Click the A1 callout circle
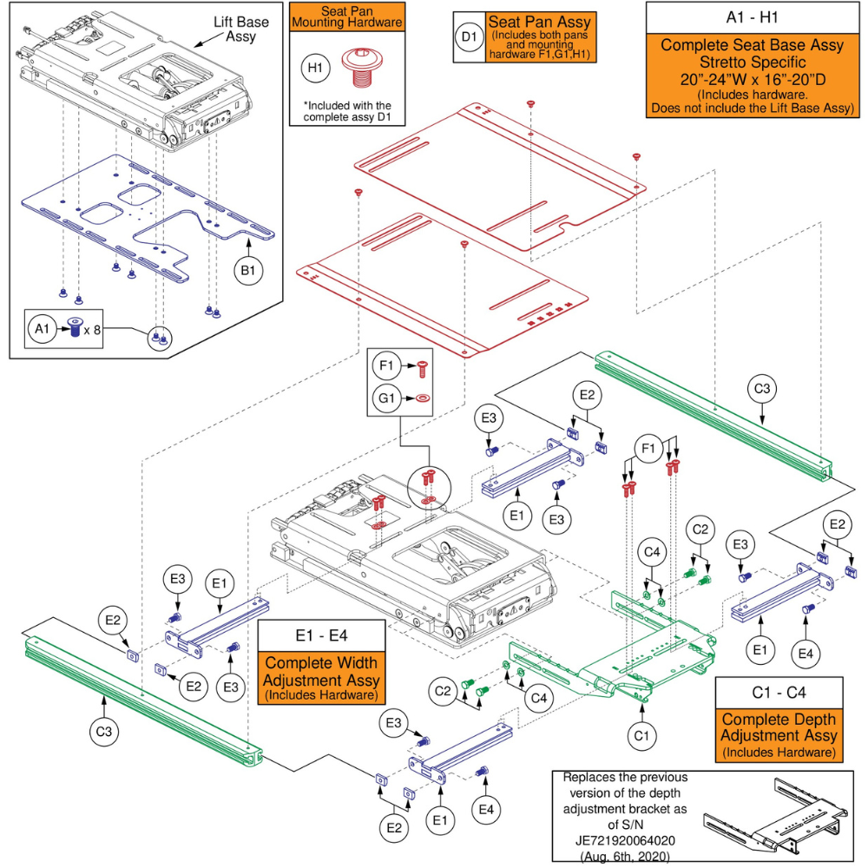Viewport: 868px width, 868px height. (39, 329)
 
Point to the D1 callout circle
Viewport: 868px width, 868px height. (469, 37)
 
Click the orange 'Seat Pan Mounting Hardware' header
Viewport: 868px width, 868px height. (346, 16)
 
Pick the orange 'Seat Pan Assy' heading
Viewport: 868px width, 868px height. (539, 21)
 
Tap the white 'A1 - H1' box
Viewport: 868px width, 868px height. (752, 17)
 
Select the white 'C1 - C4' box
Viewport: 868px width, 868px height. (778, 692)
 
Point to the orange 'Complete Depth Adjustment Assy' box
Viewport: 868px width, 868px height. (778, 735)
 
